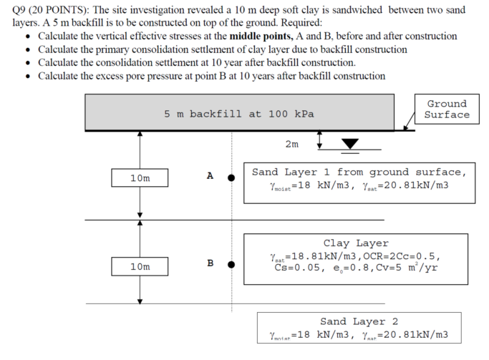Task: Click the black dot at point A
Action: click(x=231, y=177)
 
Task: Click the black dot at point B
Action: click(x=231, y=264)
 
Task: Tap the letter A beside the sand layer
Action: click(x=210, y=176)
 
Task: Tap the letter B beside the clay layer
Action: click(x=210, y=263)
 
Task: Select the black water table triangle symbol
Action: click(x=350, y=144)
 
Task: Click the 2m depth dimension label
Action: click(x=292, y=144)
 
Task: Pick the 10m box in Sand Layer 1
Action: click(x=140, y=178)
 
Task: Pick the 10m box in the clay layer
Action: click(x=140, y=266)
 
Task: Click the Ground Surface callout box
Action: click(x=447, y=109)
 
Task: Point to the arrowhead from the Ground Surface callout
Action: click(x=405, y=128)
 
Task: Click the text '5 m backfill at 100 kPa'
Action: click(x=239, y=114)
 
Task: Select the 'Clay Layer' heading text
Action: click(x=356, y=243)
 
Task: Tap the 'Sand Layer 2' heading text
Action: click(x=359, y=321)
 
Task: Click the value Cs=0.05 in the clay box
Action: click(x=297, y=268)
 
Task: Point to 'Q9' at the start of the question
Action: click(x=19, y=10)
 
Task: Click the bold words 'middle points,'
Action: click(x=261, y=37)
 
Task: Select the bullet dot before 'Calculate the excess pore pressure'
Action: click(x=29, y=77)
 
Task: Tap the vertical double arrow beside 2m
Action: click(x=319, y=140)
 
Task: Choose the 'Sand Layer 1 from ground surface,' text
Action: click(x=359, y=172)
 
